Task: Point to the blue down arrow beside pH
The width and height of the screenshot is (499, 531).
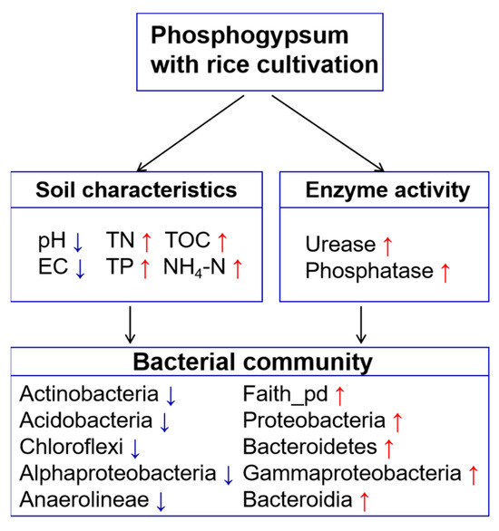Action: [78, 241]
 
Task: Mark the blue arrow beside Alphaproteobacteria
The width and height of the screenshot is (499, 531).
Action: [229, 472]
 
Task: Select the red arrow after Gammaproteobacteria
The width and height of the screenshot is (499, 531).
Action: [473, 472]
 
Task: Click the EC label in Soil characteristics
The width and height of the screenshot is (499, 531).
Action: [51, 268]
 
